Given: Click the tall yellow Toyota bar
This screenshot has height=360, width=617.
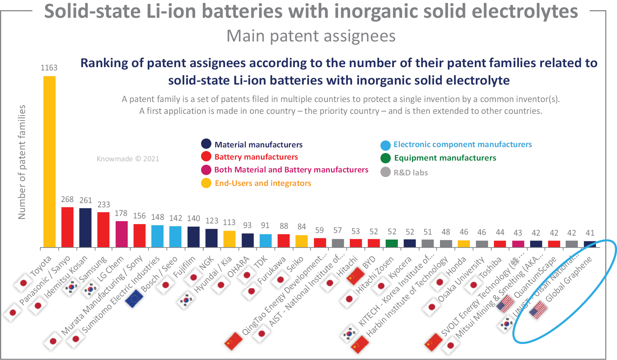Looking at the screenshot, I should (x=49, y=161).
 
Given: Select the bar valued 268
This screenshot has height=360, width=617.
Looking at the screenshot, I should (x=67, y=227).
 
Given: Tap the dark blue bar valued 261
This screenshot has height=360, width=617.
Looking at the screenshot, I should (x=86, y=227).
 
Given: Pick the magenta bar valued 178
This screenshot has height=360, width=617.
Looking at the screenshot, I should (x=121, y=234).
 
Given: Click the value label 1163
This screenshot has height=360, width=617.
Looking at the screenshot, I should (x=49, y=68).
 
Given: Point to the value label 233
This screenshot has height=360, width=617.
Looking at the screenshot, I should (x=104, y=205).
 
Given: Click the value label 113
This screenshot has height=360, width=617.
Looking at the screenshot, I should (x=229, y=222).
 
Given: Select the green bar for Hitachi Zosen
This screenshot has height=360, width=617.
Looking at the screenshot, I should (x=392, y=243).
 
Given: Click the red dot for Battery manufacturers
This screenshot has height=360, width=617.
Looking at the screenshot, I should (x=206, y=157).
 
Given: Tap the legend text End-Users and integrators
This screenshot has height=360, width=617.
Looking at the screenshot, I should (x=263, y=183).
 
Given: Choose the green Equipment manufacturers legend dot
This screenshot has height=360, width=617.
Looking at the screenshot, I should (x=385, y=158).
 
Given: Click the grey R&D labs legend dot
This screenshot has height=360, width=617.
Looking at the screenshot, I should (x=385, y=172).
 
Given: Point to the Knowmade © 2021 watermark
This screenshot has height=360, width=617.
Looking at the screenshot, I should (x=128, y=159).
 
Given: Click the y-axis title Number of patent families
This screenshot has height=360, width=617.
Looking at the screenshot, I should (x=22, y=162).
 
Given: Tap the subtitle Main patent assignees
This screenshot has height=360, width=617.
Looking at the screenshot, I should (x=311, y=36).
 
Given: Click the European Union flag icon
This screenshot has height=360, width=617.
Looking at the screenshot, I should (x=134, y=298).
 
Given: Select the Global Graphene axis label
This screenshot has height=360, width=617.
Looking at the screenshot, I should (x=569, y=280).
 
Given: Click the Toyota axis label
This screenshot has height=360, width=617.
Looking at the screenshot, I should (x=41, y=266).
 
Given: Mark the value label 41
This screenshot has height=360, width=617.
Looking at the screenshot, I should (x=590, y=233).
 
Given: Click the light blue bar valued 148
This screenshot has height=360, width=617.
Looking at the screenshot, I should (x=157, y=236).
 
